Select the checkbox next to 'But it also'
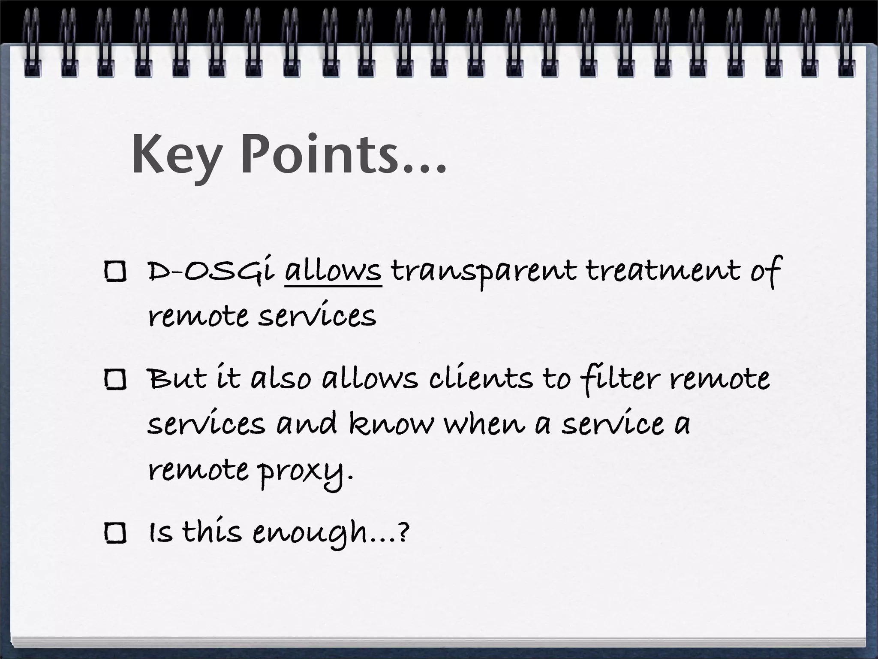[x=115, y=380]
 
